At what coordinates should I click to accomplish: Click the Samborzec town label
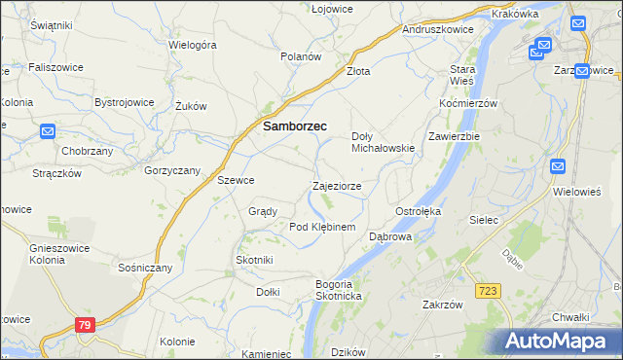pyautogui.click(x=294, y=126)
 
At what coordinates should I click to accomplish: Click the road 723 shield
pyautogui.click(x=489, y=291)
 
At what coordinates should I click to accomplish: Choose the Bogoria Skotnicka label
pyautogui.click(x=339, y=289)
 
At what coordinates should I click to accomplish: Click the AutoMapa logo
pyautogui.click(x=558, y=342)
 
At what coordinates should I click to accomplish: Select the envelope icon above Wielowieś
pyautogui.click(x=558, y=166)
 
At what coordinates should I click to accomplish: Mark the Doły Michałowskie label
pyautogui.click(x=384, y=142)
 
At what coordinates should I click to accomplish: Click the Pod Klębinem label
pyautogui.click(x=322, y=227)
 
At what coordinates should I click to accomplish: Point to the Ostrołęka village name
pyautogui.click(x=419, y=211)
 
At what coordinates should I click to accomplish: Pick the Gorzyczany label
pyautogui.click(x=172, y=170)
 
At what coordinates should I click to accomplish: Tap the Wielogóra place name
pyautogui.click(x=192, y=45)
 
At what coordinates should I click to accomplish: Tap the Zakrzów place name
pyautogui.click(x=441, y=304)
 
